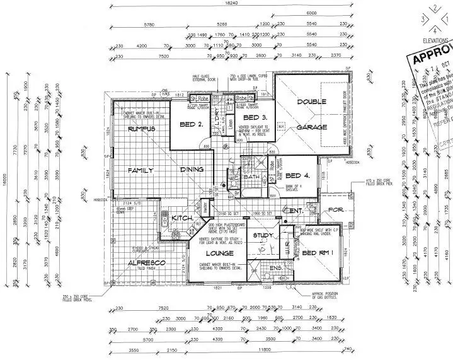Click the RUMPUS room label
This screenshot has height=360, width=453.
click(141, 129)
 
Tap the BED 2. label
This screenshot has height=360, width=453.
click(191, 124)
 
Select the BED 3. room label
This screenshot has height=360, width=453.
click(256, 118)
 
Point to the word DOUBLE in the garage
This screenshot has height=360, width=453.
click(311, 102)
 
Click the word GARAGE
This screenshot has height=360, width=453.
click(311, 127)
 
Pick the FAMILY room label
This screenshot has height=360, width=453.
click(141, 170)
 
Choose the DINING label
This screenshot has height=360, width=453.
click(192, 170)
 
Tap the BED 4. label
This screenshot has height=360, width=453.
click(297, 176)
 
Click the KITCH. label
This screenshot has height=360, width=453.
click(182, 218)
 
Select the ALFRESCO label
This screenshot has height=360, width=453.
click(146, 262)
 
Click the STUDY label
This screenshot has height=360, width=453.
click(262, 236)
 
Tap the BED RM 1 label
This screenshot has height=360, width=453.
click(318, 253)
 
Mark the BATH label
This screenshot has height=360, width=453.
click(248, 177)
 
